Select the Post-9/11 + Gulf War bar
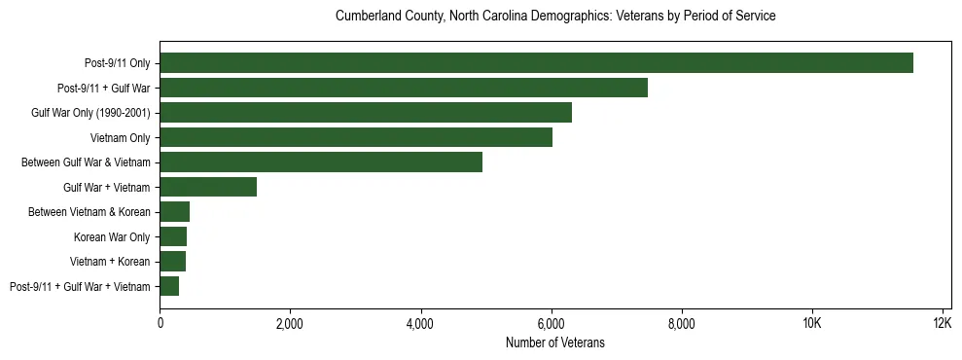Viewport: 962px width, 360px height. pos(404,89)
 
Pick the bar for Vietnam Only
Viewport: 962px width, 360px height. pos(356,137)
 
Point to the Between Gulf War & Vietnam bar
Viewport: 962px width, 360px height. pos(321,162)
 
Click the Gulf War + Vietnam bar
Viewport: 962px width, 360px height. pos(208,187)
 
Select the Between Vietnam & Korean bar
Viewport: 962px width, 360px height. pos(175,212)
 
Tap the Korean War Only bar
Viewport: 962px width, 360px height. pos(173,236)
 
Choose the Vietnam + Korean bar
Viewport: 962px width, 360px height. pos(173,261)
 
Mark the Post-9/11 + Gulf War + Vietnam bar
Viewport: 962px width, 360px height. pos(169,286)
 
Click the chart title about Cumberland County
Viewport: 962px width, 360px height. pos(554,17)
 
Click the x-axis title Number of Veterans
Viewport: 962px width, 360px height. pos(554,342)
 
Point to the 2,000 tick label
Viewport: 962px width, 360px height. pos(290,323)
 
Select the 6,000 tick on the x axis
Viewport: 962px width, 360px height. pos(551,323)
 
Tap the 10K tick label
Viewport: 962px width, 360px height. pos(811,323)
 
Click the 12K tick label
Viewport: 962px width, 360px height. pos(942,323)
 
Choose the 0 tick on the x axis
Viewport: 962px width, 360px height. pos(160,323)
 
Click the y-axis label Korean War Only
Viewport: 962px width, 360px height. pos(112,236)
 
